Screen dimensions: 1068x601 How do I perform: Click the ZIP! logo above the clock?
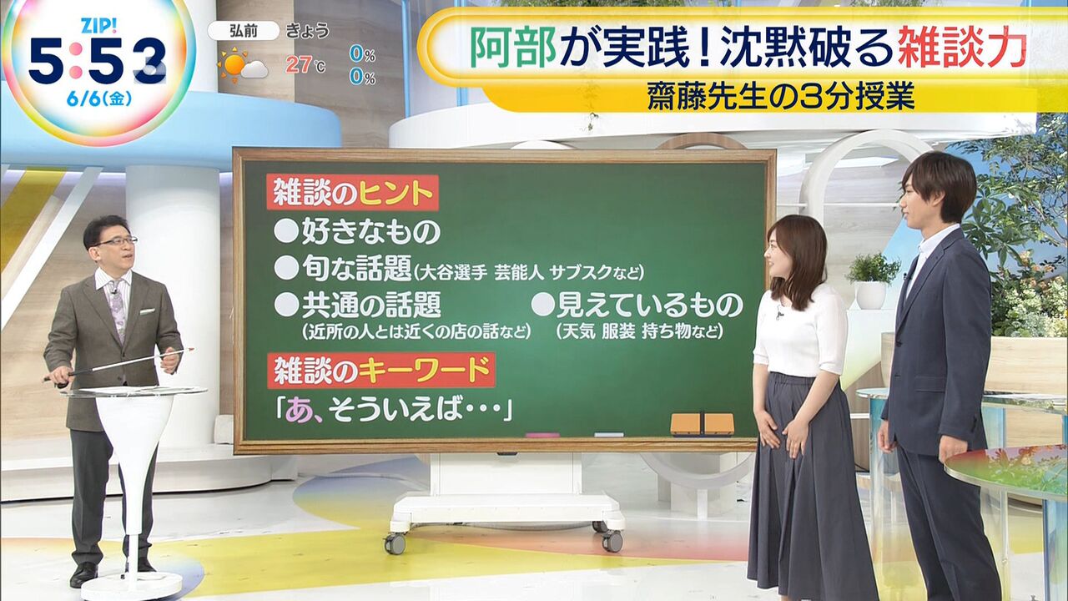[x=98, y=26]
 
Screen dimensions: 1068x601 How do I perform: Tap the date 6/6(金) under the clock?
[x=99, y=99]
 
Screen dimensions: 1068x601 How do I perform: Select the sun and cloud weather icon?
[x=242, y=66]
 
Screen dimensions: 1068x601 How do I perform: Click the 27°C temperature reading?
[x=305, y=65]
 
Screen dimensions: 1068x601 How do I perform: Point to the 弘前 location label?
[x=243, y=31]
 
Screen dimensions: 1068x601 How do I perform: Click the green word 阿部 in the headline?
[x=513, y=48]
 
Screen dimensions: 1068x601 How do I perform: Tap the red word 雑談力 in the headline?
[x=962, y=48]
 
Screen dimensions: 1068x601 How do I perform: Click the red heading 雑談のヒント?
[x=353, y=193]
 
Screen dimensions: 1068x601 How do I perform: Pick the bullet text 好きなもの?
[x=371, y=231]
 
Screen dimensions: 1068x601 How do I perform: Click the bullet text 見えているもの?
[x=650, y=306]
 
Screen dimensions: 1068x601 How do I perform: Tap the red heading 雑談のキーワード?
[x=381, y=371]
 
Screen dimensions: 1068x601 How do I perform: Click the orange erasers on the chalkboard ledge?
[x=703, y=424]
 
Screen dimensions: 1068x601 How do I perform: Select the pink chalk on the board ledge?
[x=542, y=435]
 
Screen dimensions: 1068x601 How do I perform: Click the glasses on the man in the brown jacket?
[x=117, y=242]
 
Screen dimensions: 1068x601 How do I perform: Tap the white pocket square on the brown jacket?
[x=147, y=312]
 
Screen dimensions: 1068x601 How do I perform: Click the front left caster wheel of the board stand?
[x=395, y=543]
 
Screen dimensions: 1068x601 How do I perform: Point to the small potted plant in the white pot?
[x=872, y=281]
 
